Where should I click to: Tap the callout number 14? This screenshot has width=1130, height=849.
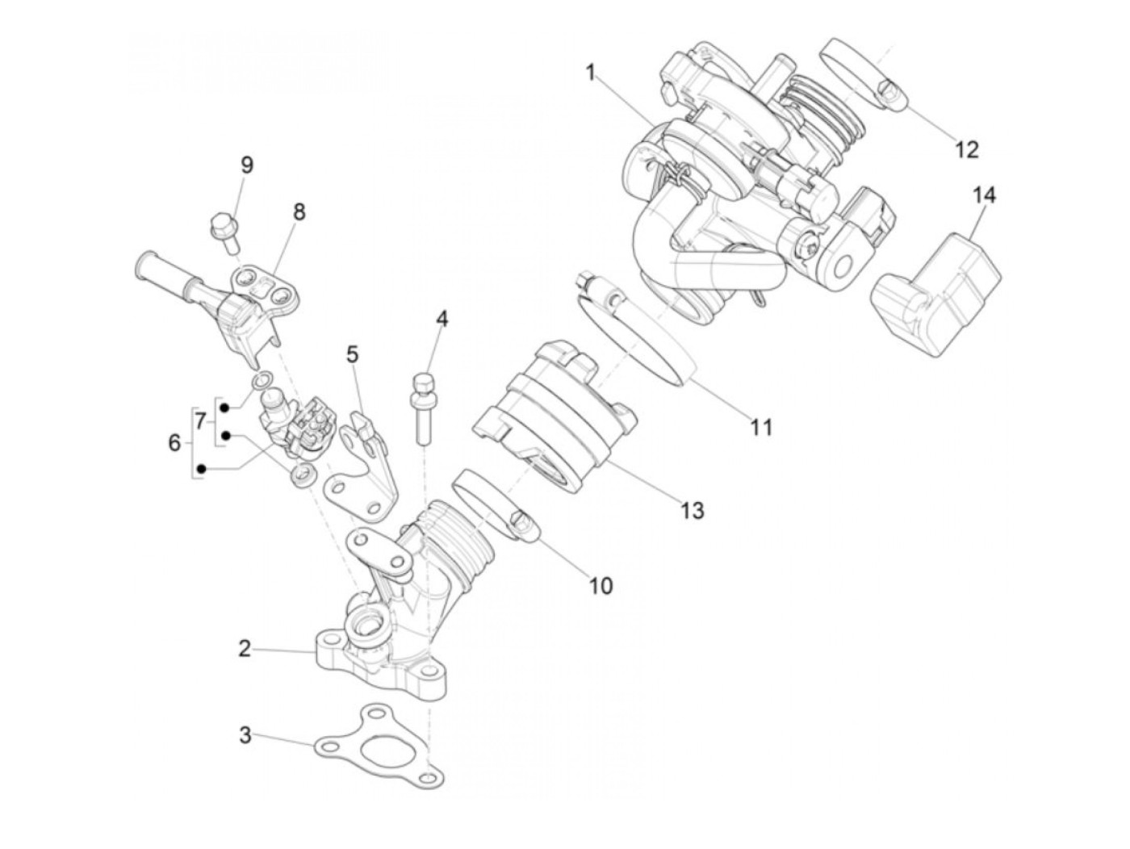tap(984, 195)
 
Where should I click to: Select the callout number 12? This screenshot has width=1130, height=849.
tap(966, 149)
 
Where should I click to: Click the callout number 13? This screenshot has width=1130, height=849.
tap(692, 510)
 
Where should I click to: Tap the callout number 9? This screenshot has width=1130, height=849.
tap(246, 165)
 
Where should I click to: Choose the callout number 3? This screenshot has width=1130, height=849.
tap(245, 735)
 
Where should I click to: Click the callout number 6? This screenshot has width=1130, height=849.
tap(174, 442)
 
